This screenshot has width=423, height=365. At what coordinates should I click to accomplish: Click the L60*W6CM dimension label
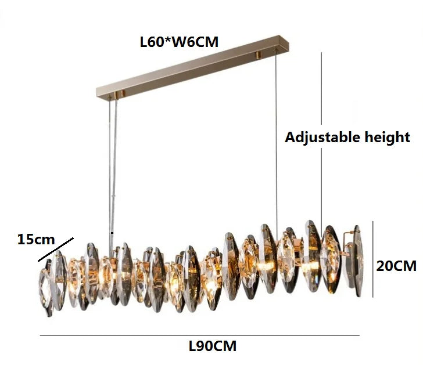coord(179,42)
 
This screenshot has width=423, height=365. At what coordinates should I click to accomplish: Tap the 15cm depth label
coord(36,240)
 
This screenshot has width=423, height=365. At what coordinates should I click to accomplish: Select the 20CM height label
coord(396,266)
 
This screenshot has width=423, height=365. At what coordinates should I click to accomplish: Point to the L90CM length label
coord(213,346)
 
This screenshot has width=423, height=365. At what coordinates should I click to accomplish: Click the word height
coord(388,137)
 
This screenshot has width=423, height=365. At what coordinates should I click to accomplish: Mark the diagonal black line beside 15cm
coord(56,250)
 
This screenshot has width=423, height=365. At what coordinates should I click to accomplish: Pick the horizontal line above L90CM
coord(200,335)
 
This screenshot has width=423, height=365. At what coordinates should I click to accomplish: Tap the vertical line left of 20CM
coord(373,259)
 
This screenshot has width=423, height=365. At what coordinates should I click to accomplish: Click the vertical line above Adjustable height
coord(321,88)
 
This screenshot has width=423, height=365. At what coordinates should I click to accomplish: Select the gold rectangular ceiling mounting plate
coord(193,67)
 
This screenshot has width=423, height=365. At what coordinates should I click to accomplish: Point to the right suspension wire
coord(276,143)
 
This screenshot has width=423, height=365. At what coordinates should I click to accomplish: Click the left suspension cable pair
coord(113,175)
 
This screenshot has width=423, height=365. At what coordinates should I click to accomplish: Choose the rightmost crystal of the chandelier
coord(357,261)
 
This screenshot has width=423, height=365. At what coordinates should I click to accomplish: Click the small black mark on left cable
coord(112,233)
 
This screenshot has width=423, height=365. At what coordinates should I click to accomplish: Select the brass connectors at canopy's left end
coord(120,94)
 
